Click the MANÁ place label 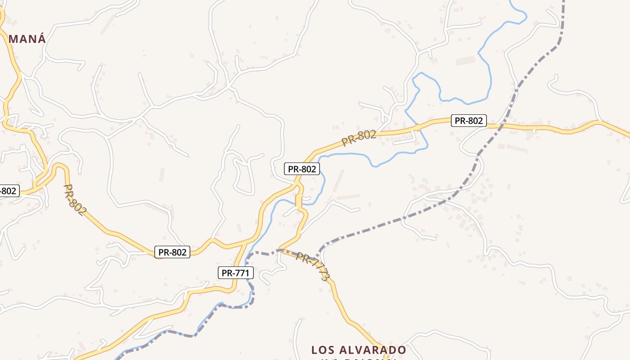(x=27, y=39)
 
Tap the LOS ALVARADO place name (x=359, y=350)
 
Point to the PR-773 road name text (x=313, y=266)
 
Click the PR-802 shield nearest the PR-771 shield (x=172, y=252)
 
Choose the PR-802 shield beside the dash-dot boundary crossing (x=469, y=121)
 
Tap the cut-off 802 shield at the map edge (x=8, y=191)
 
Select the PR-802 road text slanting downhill (x=74, y=199)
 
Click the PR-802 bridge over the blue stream (x=417, y=127)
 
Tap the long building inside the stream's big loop (x=465, y=60)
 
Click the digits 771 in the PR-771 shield (x=241, y=272)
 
